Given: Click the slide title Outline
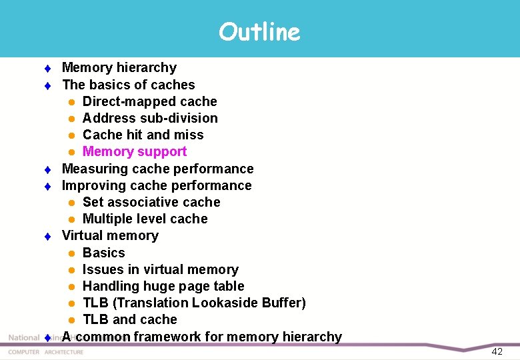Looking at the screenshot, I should pos(259,31).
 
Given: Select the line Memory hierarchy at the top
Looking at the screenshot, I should pos(119,67).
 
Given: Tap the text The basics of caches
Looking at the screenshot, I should pos(128,85).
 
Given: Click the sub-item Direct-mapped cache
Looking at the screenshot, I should pos(149,101).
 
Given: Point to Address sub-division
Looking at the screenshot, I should pos(150,118).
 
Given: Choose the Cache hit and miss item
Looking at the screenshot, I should pos(143,135).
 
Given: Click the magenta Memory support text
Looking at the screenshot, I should pos(134,151).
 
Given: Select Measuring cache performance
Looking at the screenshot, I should pos(157,169).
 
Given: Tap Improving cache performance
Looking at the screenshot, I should pos(157,185).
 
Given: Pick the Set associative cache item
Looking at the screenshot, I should pos(151,202).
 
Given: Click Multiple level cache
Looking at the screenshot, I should pos(145,219).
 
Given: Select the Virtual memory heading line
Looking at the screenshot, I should pos(110,235).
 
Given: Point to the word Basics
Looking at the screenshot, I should pos(103,253).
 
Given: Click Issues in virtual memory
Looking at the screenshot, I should pos(160,269).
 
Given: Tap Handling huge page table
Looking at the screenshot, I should pos(163,286).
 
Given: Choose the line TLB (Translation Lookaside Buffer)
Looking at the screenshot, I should pos(194,303).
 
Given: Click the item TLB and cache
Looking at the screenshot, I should pos(129,319).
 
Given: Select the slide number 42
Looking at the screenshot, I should pos(497,351).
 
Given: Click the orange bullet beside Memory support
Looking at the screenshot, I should pos(71,152).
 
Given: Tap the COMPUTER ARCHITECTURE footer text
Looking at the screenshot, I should pos(46,352).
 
